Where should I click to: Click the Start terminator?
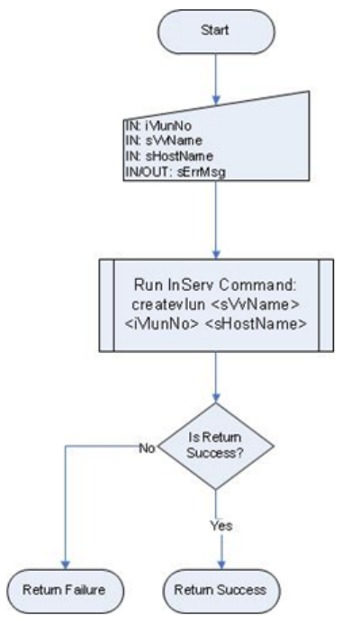point(216,32)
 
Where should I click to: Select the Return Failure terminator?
point(66,591)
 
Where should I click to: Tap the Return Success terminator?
point(221,591)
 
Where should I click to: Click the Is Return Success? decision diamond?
point(216,446)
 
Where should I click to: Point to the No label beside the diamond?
point(147,448)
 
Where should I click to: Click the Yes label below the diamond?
point(221,526)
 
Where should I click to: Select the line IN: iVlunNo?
point(158,126)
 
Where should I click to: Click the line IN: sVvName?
point(164,140)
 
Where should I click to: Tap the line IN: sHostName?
point(169,156)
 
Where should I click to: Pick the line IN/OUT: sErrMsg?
point(175,172)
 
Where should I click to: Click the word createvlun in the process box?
point(167,305)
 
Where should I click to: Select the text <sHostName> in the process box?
point(256,323)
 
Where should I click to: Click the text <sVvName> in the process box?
point(255,305)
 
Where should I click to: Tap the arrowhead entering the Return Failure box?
point(66,565)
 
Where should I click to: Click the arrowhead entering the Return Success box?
point(221,565)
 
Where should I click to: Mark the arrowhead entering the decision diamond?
point(216,398)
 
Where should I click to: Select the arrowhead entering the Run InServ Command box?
point(216,254)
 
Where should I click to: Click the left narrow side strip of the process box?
point(107,305)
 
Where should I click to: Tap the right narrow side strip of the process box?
point(326,305)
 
